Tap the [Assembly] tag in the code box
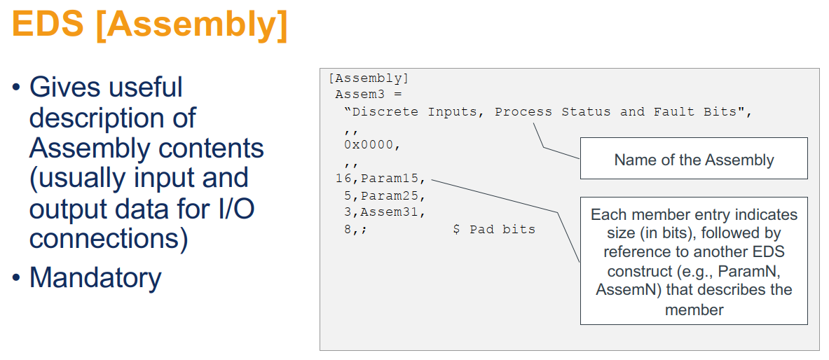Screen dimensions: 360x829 click(x=368, y=78)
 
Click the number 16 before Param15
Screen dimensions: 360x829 click(x=343, y=179)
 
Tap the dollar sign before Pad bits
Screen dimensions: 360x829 click(x=456, y=229)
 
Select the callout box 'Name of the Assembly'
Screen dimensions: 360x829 click(x=694, y=159)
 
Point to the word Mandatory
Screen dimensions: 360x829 click(x=95, y=278)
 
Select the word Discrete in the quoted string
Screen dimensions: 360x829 click(x=385, y=112)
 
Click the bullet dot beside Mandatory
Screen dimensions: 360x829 click(x=16, y=279)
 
